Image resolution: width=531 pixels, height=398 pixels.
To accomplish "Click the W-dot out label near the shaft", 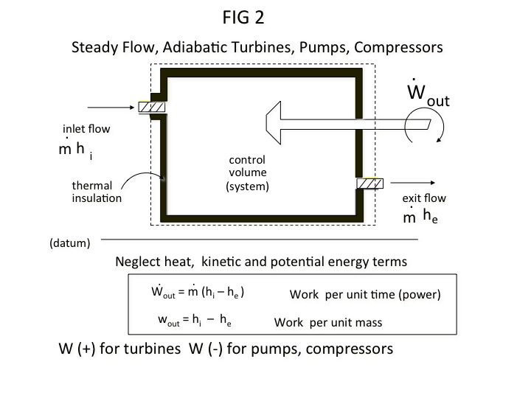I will [x=427, y=95].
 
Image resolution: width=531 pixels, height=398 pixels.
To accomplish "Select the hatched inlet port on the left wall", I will [x=151, y=107].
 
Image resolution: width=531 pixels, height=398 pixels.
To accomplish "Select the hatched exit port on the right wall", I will [x=369, y=184].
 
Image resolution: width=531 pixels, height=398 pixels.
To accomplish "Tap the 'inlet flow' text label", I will [x=86, y=129].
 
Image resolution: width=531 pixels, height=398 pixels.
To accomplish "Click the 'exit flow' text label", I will [x=423, y=198].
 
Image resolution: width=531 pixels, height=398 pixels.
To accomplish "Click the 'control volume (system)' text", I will [x=247, y=173].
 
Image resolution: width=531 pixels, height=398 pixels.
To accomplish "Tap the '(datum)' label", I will [x=70, y=242].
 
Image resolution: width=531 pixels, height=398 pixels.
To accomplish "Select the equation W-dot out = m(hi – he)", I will [x=198, y=292].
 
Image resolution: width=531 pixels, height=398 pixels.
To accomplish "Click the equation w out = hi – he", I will [x=196, y=321].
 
